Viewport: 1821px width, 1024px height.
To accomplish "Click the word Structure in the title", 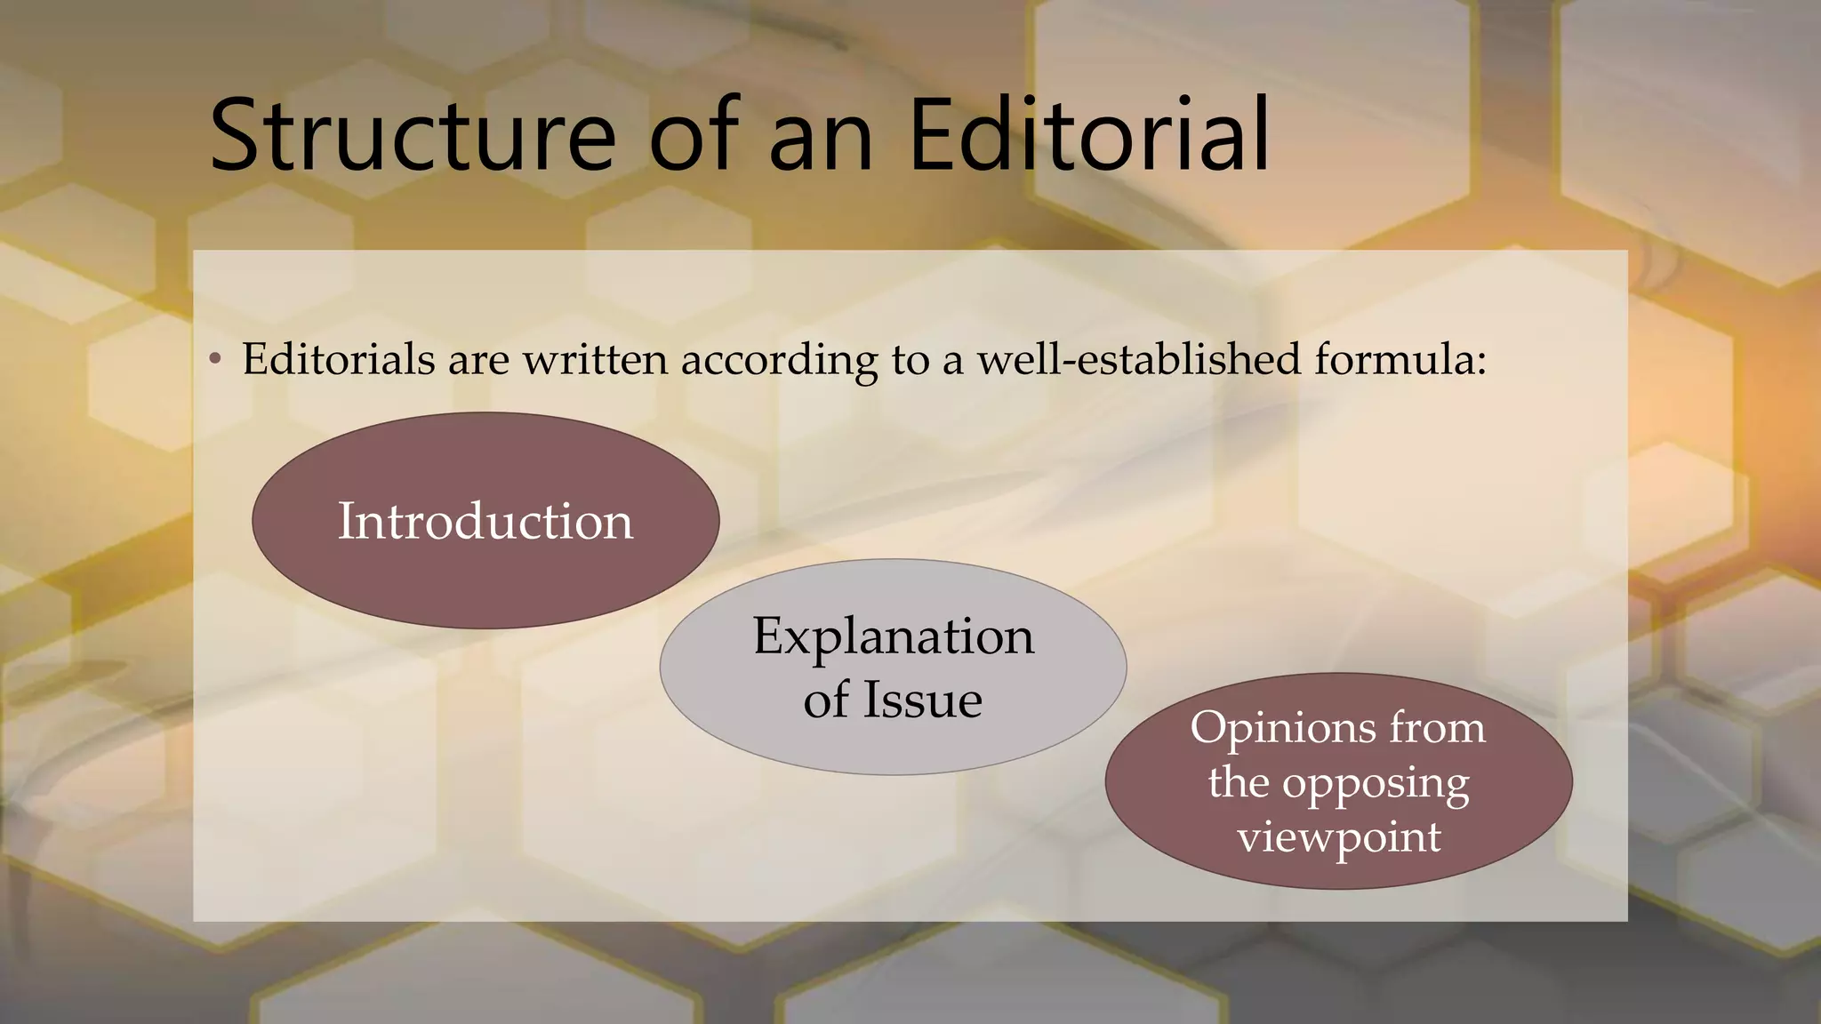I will coord(412,136).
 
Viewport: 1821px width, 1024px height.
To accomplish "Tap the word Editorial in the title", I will coord(1090,136).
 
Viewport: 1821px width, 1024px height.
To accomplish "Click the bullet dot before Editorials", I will coord(214,360).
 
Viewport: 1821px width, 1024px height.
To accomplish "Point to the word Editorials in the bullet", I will coord(339,359).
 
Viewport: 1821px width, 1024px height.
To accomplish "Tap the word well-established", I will coord(1139,359).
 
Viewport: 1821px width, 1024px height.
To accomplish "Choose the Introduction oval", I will coord(485,521).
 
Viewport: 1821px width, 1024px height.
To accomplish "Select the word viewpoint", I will coord(1339,838).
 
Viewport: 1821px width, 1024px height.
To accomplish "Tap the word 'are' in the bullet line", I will coord(478,361).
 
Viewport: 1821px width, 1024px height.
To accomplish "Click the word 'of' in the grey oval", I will coord(826,700).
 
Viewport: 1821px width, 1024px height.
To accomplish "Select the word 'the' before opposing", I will coord(1238,783).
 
